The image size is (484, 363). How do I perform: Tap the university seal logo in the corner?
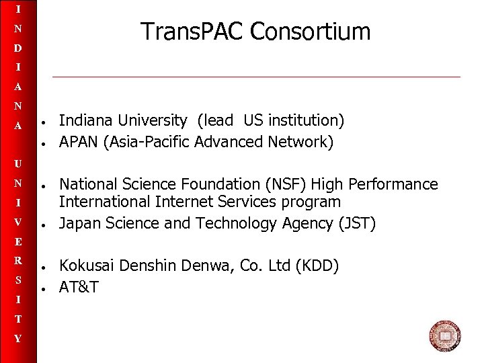(444, 336)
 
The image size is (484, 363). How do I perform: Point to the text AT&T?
(79, 288)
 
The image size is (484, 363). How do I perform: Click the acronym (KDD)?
(317, 266)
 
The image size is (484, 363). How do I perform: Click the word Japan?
(77, 224)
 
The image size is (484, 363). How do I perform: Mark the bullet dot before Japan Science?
(42, 225)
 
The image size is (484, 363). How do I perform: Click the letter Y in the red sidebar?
(18, 339)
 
